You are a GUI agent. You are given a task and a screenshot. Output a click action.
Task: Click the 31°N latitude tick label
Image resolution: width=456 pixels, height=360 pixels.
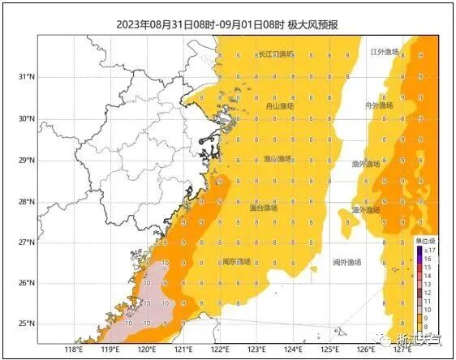25,77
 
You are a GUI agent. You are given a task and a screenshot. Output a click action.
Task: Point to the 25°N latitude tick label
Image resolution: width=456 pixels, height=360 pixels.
25,324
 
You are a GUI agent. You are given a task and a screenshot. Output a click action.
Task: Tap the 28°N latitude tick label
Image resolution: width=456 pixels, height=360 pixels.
25,201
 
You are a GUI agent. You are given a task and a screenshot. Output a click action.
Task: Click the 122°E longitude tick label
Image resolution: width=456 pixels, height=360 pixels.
220,350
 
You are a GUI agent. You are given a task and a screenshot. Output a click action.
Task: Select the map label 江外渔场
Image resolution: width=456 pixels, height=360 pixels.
385,52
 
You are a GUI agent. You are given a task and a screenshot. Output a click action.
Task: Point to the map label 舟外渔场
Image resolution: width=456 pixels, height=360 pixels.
379,105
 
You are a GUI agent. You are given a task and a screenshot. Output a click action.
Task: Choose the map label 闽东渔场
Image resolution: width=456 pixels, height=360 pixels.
236,262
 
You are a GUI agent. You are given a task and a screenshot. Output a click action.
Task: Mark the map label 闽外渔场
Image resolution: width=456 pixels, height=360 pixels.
346,262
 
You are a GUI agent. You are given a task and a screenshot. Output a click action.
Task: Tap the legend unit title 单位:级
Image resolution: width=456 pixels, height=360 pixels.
425,241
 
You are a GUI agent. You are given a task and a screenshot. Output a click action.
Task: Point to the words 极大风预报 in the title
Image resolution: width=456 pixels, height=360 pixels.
312,24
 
